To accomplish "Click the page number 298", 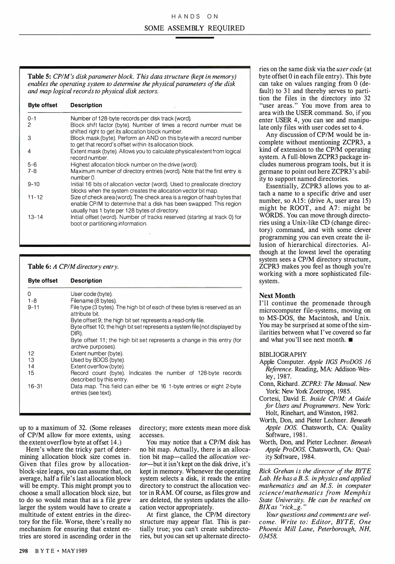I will [23, 551].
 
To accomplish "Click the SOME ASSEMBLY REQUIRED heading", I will [195, 28].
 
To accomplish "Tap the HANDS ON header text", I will [195, 16].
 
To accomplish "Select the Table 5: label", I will [39, 77].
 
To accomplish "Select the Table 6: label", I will [39, 267].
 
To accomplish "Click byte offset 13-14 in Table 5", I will [35, 217].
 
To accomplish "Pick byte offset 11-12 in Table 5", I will [35, 197].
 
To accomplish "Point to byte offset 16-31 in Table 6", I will [35, 386].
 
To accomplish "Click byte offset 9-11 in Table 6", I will [34, 307].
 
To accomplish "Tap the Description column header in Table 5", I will [86, 105].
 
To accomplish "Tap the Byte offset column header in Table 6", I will [43, 281].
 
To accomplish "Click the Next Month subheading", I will [277, 296].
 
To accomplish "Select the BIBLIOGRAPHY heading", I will [283, 355].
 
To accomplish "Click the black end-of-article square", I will [351, 340].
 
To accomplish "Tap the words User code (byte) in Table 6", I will [92, 294].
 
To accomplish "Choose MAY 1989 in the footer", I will [74, 551].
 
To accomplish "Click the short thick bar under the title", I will [195, 38].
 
